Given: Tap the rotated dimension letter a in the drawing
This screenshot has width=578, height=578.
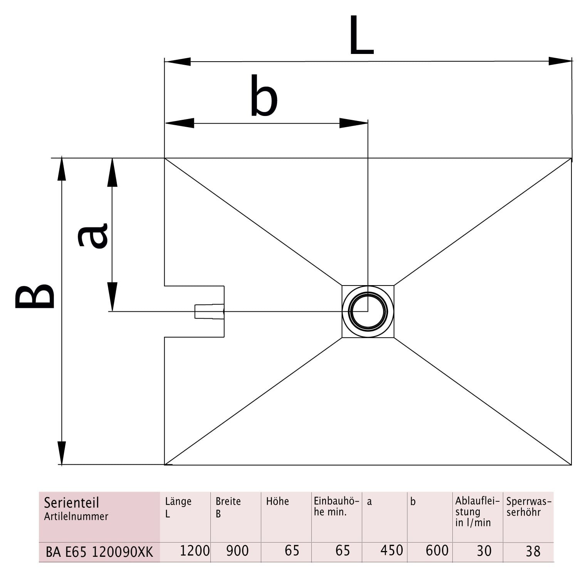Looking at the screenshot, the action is [x=93, y=235].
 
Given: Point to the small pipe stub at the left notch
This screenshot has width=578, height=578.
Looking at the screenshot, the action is [x=209, y=311].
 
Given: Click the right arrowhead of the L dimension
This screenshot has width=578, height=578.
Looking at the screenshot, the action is [x=560, y=61].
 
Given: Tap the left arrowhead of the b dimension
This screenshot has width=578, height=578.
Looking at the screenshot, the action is [x=180, y=123].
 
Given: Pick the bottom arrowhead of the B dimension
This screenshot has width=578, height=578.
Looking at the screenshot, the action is [x=62, y=453].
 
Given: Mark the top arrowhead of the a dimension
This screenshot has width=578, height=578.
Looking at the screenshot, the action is [x=112, y=172].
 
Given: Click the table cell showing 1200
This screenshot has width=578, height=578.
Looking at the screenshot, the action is [x=195, y=551].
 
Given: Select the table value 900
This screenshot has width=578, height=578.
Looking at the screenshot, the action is [x=237, y=551].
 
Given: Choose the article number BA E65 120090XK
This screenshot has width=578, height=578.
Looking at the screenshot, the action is [x=99, y=552].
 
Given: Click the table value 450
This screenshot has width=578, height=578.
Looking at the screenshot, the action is [x=391, y=550].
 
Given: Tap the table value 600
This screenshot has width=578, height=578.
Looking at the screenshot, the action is [x=437, y=550].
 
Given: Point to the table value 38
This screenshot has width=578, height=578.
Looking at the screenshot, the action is [x=533, y=551].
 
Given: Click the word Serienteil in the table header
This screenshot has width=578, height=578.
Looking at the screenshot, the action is [x=71, y=503].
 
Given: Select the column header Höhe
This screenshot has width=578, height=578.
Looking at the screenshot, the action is [x=277, y=501].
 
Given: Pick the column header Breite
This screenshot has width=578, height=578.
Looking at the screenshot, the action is [x=228, y=501].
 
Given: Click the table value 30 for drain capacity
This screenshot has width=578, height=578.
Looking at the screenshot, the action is [x=484, y=551].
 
